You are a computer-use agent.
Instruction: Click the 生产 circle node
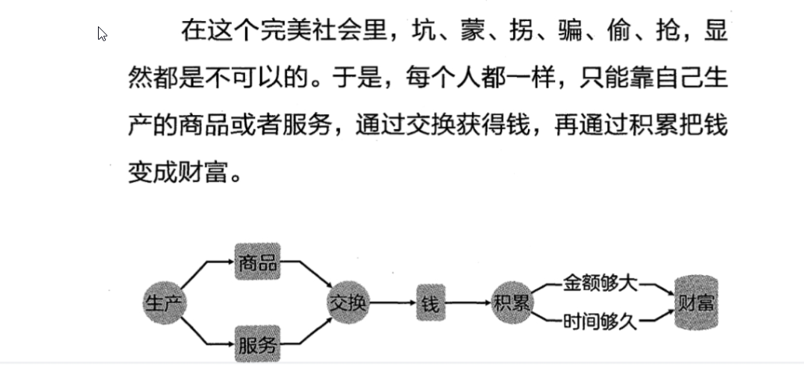165,302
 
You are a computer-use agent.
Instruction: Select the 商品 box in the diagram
257,262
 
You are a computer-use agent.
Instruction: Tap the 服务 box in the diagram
257,344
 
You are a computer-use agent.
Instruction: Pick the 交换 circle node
348,303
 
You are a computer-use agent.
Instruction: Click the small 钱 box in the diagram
430,304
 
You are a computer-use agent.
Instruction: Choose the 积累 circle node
512,302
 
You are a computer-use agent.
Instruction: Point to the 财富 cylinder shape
695,303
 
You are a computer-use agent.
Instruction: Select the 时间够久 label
600,321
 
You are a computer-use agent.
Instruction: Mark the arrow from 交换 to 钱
393,304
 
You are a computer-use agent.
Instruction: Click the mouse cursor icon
102,33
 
